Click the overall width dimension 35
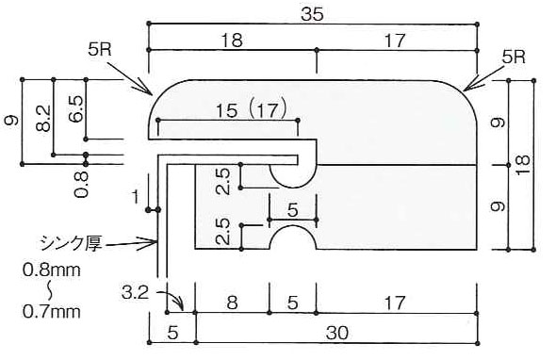coord(312,15)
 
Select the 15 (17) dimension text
coord(251,110)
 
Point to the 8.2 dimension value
coord(43,119)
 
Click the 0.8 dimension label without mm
coord(81,185)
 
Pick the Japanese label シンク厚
coord(72,243)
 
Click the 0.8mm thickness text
coord(52,270)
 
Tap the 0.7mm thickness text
coord(52,312)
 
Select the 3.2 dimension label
coord(135,293)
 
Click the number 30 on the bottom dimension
coord(337,333)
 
